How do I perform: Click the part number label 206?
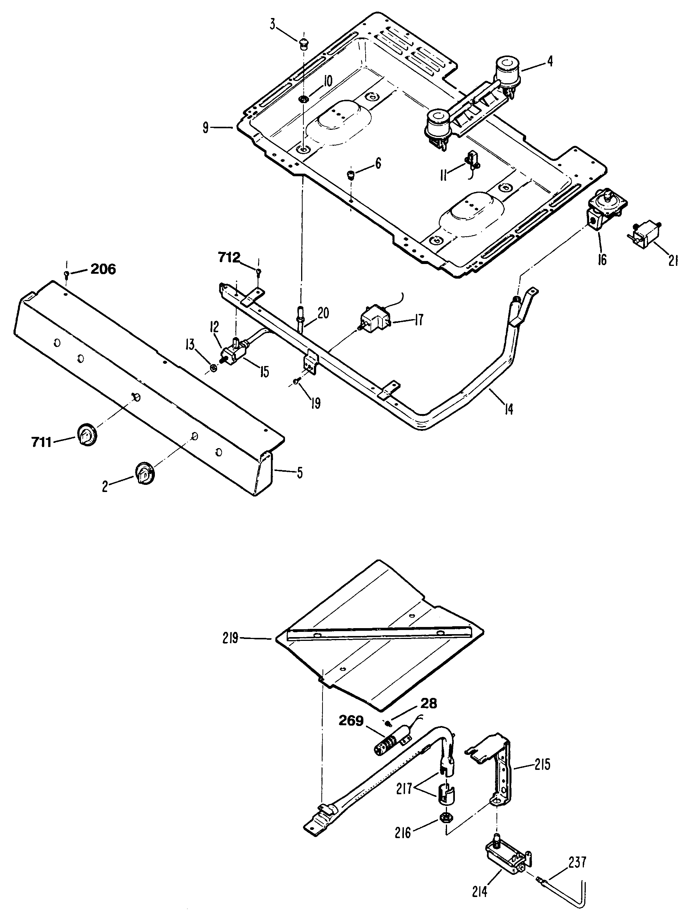(x=103, y=269)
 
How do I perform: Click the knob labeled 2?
(x=144, y=474)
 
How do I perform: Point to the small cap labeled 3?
(x=304, y=43)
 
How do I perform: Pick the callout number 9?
(x=205, y=128)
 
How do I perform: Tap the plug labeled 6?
(x=351, y=173)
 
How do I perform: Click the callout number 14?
(x=508, y=410)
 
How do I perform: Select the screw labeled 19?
(x=296, y=381)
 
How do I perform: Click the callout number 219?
(x=230, y=638)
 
